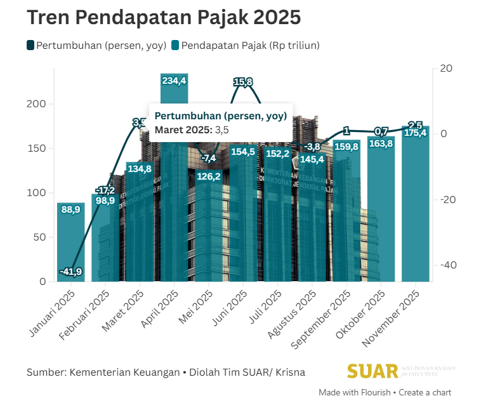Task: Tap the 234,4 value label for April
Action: pyautogui.click(x=174, y=81)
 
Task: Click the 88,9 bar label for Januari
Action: pyautogui.click(x=70, y=209)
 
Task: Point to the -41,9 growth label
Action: pyautogui.click(x=70, y=272)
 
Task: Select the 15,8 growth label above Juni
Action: pyautogui.click(x=243, y=81)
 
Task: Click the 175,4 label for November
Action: pyautogui.click(x=415, y=133)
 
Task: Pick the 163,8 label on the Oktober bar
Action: pyautogui.click(x=381, y=143)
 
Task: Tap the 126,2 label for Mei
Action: pyautogui.click(x=208, y=176)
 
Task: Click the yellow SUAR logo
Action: pyautogui.click(x=373, y=371)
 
